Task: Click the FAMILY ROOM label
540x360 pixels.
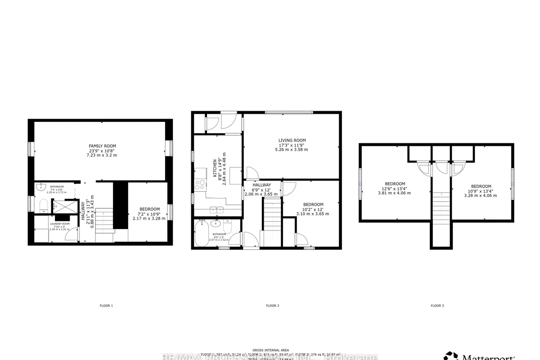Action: click(x=102, y=146)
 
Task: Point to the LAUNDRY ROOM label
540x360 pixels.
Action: click(x=59, y=224)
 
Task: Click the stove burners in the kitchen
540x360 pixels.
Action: click(x=200, y=184)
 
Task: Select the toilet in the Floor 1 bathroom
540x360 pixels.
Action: click(x=44, y=207)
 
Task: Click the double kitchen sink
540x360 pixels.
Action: click(x=216, y=210)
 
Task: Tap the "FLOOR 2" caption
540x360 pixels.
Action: click(x=272, y=306)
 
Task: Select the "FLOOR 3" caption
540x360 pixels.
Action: click(x=437, y=306)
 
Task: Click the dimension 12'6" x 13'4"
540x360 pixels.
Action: click(x=395, y=189)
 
